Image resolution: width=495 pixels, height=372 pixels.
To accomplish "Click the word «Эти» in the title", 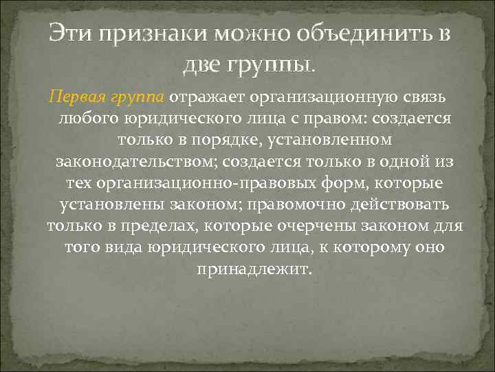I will (x=69, y=34).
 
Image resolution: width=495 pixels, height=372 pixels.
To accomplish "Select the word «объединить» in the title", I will (x=348, y=34).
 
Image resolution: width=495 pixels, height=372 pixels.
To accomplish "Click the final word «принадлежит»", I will (x=254, y=269).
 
